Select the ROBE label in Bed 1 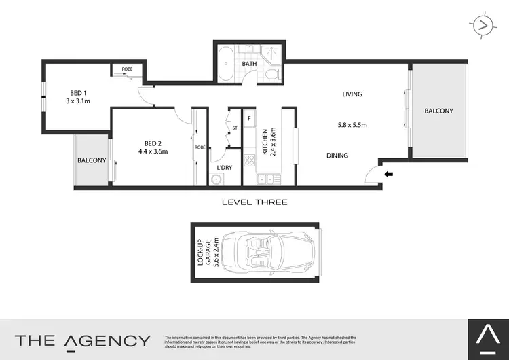click(127, 69)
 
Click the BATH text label click(249, 65)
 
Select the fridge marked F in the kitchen click(249, 119)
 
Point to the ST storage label click(235, 128)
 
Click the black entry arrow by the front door click(389, 175)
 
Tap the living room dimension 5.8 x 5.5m click(352, 125)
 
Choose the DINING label click(337, 156)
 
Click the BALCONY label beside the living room click(438, 111)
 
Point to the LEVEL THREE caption click(254, 202)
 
